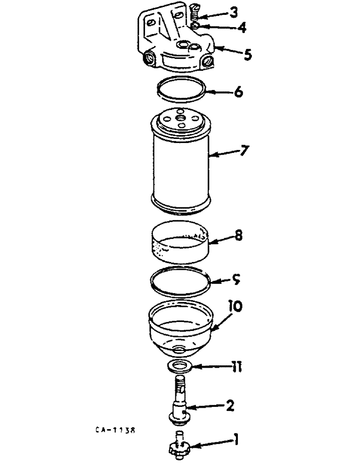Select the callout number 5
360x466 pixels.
coord(247,55)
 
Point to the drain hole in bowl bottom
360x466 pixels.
coord(179,349)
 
